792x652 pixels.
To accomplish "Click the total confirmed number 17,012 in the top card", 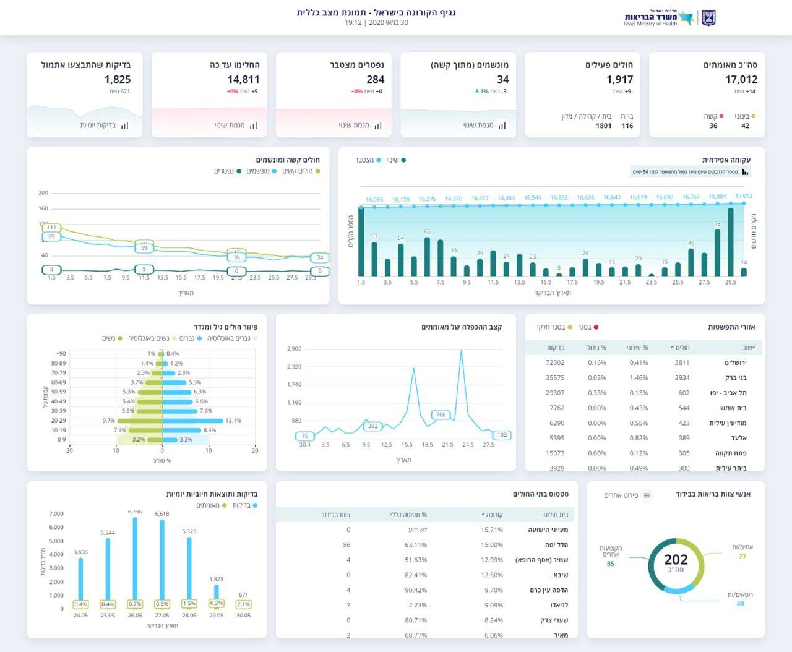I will click(x=741, y=79).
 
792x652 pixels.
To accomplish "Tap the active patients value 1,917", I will click(x=619, y=79).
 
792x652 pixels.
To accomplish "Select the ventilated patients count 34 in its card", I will click(x=502, y=79).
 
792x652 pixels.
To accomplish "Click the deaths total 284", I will click(x=375, y=79).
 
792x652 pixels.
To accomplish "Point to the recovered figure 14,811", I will click(x=243, y=79).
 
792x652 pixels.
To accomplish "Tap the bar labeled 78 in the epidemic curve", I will click(x=717, y=252).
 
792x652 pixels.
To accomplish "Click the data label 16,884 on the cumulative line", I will click(x=717, y=197).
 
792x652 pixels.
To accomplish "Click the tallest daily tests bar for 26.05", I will click(x=135, y=560).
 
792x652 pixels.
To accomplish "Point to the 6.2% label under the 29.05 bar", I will click(x=217, y=603).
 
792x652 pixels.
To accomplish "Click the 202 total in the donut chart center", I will click(x=676, y=560).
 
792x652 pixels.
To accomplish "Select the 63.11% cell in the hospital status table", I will click(x=416, y=545).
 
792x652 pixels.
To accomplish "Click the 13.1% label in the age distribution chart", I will click(x=233, y=421).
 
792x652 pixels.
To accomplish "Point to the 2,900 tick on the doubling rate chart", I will click(x=294, y=349).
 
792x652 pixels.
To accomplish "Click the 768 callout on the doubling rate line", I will click(x=441, y=414).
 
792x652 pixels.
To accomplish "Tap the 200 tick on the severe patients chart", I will click(x=43, y=193).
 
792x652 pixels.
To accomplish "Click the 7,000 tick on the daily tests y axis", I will click(x=56, y=514).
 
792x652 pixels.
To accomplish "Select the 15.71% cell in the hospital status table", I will click(x=492, y=530).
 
